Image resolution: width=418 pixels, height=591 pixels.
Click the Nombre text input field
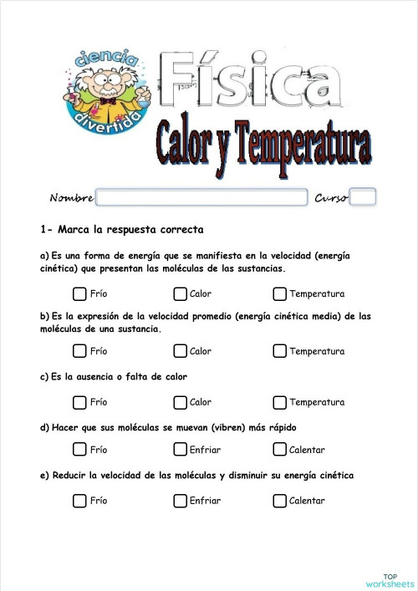tap(201, 197)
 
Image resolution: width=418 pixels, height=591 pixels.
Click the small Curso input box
tap(363, 197)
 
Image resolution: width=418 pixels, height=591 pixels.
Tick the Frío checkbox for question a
tap(79, 293)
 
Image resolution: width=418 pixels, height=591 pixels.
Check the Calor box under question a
tap(180, 293)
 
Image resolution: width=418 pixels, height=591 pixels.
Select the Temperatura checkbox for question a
tap(279, 293)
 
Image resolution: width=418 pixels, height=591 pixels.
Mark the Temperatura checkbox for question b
tap(279, 351)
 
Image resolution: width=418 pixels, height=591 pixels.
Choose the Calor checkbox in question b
tap(180, 351)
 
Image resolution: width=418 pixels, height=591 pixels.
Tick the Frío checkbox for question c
tap(79, 402)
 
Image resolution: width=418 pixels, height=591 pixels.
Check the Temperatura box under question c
tap(279, 402)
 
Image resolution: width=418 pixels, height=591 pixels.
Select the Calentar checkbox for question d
tap(279, 450)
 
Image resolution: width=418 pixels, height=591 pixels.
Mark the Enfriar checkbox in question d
tap(180, 450)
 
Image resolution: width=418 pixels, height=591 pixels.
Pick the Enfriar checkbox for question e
tap(180, 501)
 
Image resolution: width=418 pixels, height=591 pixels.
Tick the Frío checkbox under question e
tap(79, 501)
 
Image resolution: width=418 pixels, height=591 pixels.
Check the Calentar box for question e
tap(279, 501)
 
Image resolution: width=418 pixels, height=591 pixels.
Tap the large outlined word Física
tap(251, 79)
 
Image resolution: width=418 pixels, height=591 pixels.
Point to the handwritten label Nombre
tap(71, 198)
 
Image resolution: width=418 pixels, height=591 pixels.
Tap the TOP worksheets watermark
tap(390, 579)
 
